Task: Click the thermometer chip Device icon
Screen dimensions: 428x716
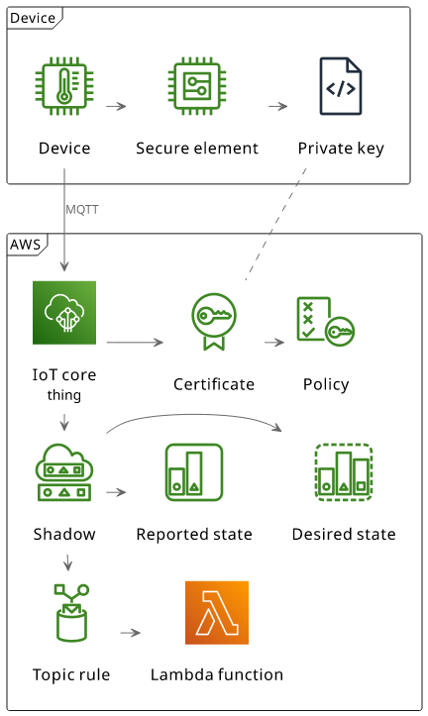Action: tap(64, 86)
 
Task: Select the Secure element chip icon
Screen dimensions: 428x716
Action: tap(197, 86)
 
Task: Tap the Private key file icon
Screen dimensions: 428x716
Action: tap(341, 86)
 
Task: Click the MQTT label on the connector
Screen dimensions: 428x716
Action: tap(82, 210)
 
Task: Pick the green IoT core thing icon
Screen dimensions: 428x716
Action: tap(64, 313)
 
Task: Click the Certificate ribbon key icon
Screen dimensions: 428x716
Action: tap(214, 322)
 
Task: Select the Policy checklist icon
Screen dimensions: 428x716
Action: tap(326, 322)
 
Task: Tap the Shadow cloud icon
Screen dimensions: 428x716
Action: tap(64, 472)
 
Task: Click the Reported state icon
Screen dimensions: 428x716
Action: tap(194, 472)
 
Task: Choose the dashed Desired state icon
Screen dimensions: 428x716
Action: tap(344, 472)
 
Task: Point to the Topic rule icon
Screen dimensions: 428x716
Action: tap(71, 613)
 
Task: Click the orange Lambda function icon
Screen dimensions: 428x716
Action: tap(217, 613)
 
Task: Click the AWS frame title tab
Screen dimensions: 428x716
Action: tap(27, 245)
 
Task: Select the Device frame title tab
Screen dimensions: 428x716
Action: tap(34, 18)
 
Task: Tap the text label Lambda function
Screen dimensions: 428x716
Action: tap(217, 674)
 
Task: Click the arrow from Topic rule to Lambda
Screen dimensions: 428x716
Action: tap(131, 633)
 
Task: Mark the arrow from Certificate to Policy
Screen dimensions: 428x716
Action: tap(274, 342)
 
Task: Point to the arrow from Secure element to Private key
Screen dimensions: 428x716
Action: tap(277, 106)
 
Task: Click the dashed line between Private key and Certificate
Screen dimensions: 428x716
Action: tap(275, 224)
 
